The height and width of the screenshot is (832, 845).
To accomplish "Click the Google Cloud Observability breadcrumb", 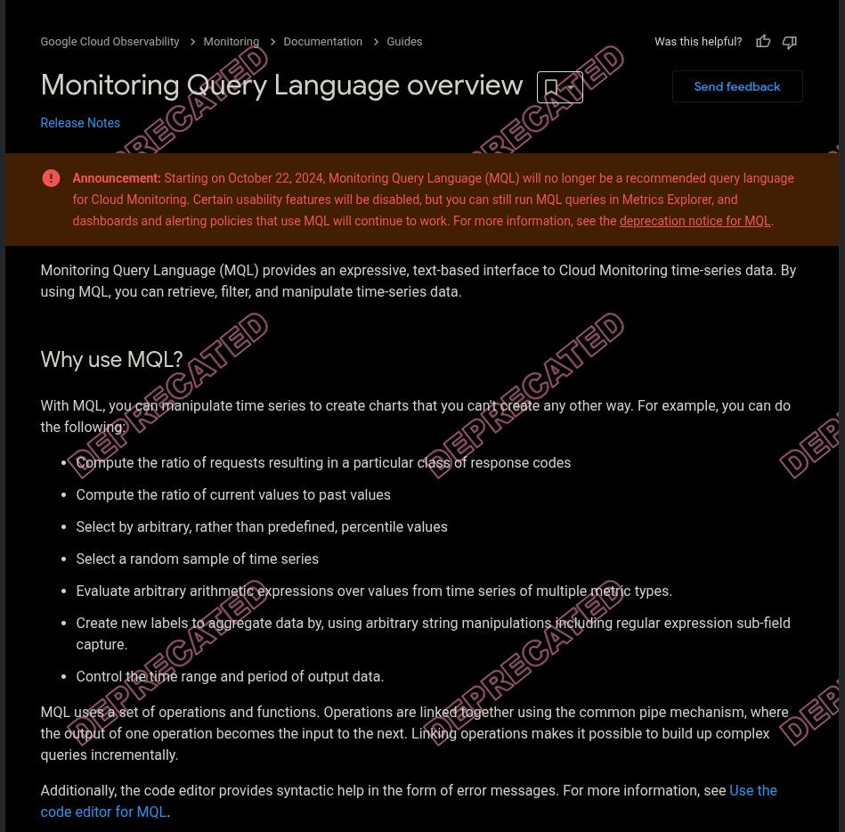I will click(x=110, y=42).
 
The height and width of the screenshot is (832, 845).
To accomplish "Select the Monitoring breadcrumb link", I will click(x=231, y=42).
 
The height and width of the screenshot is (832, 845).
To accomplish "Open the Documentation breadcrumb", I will click(x=322, y=42).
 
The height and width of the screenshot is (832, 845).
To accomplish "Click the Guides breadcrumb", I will click(x=404, y=42).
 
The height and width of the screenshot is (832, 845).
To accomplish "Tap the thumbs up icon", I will click(x=763, y=42).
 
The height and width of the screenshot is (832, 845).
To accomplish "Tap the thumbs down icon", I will click(x=789, y=42).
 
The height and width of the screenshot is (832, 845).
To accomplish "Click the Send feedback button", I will click(x=737, y=86).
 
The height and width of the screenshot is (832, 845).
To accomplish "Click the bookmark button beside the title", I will click(x=559, y=87).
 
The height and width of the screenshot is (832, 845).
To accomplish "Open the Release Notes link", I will click(x=80, y=123).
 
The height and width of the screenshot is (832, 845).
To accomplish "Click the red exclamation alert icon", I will click(x=52, y=178).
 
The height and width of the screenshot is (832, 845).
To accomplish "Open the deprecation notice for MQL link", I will click(x=695, y=221).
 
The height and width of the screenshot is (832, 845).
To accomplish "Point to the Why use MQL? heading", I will click(x=111, y=360).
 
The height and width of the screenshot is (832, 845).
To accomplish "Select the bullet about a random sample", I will click(x=197, y=559).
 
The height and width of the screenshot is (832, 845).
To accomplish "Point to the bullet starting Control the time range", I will click(x=230, y=677).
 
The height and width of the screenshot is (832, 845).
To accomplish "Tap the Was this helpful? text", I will click(x=697, y=42).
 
